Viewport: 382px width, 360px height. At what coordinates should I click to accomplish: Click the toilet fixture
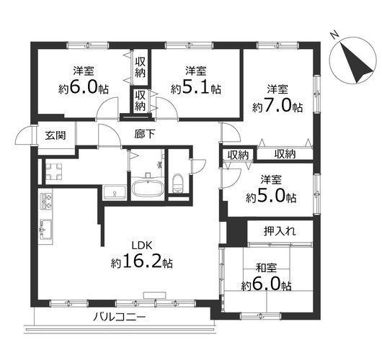pos(178,184)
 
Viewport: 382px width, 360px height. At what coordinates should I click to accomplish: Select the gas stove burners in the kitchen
pos(46,202)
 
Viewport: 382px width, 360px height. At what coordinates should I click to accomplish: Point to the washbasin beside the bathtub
pos(115,193)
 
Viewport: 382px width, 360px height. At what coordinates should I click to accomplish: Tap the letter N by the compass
pos(335,35)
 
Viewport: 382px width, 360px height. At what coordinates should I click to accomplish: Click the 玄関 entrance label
pos(55,135)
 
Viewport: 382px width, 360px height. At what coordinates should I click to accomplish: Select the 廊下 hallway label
pos(144,134)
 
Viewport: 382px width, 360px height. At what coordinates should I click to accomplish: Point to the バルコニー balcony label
pos(120,317)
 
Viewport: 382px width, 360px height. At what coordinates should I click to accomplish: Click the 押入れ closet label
pos(280,231)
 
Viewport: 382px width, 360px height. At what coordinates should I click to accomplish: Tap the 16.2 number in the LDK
pos(143,261)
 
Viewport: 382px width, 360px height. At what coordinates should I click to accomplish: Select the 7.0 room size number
pos(279,106)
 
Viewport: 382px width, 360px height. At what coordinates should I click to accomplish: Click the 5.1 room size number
pos(195,88)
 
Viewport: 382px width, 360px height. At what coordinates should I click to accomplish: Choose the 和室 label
pos(266,268)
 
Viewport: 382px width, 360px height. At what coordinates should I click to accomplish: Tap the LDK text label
pos(142,246)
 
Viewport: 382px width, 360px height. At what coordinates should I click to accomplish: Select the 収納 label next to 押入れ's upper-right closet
pos(285,154)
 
